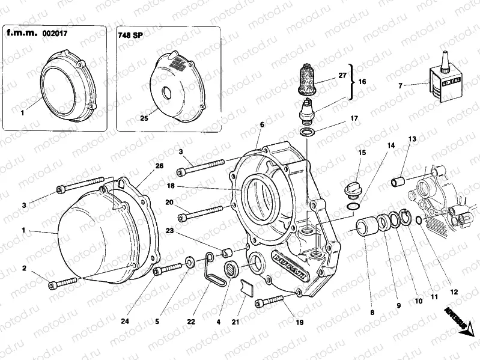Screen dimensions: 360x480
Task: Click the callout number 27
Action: coord(342,75)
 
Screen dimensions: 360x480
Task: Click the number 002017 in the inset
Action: coord(55,34)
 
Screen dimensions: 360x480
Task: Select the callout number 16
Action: coord(362,81)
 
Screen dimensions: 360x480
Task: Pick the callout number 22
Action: coord(190,322)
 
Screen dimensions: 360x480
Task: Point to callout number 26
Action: coord(159,165)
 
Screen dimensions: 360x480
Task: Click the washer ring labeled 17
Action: coord(306,132)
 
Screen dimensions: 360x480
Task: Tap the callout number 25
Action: coord(144,118)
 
